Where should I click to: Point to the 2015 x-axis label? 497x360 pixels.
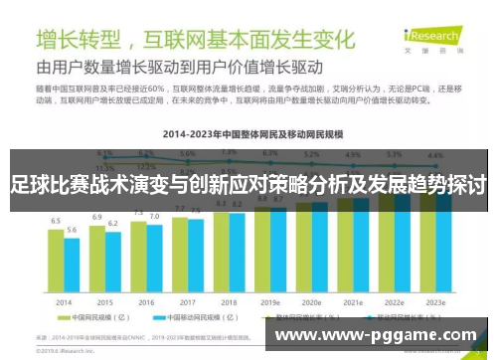pyautogui.click(x=105, y=301)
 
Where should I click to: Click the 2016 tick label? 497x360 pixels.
pyautogui.click(x=146, y=301)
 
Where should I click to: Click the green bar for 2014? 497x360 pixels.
pyautogui.click(x=57, y=261)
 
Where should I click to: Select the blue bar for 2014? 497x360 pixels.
pyautogui.click(x=72, y=266)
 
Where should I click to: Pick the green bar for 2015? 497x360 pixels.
pyautogui.click(x=97, y=258)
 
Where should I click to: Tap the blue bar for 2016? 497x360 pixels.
pyautogui.click(x=154, y=259)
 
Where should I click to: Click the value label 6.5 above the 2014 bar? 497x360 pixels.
pyautogui.click(x=56, y=220)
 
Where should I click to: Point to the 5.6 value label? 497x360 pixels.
pyautogui.click(x=72, y=230)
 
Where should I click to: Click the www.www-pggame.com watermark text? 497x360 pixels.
pyautogui.click(x=377, y=334)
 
